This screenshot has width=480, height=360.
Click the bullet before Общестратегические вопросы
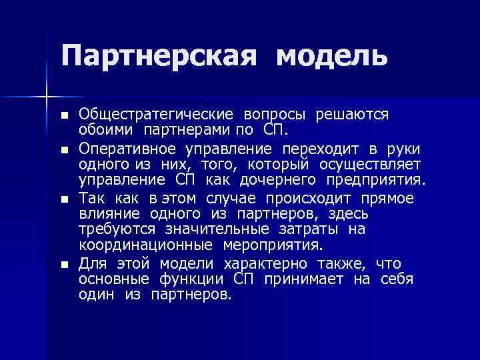point(64,115)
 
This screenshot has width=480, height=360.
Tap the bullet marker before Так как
point(64,199)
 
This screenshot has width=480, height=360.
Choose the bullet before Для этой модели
point(64,264)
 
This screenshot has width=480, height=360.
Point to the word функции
point(191,278)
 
